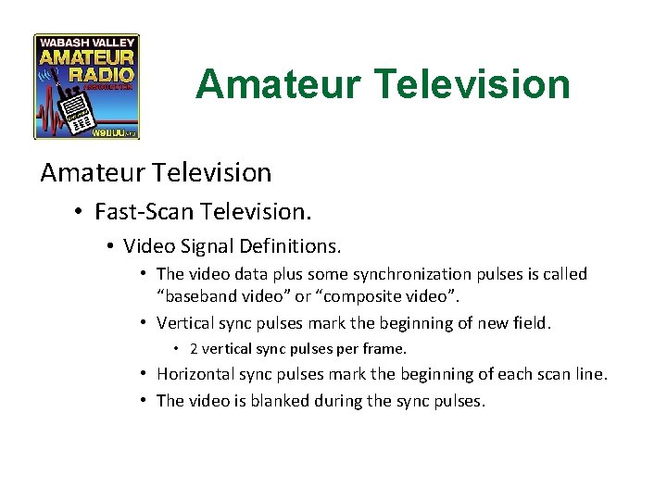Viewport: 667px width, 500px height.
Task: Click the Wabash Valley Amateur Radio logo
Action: tap(86, 86)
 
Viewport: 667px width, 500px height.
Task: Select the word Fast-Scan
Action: tap(141, 211)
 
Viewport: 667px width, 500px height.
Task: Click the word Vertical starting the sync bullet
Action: tap(189, 323)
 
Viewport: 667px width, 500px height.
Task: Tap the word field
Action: tap(532, 323)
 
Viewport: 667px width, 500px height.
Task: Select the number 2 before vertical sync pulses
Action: tap(194, 349)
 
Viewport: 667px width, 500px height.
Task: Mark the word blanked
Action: tap(280, 401)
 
